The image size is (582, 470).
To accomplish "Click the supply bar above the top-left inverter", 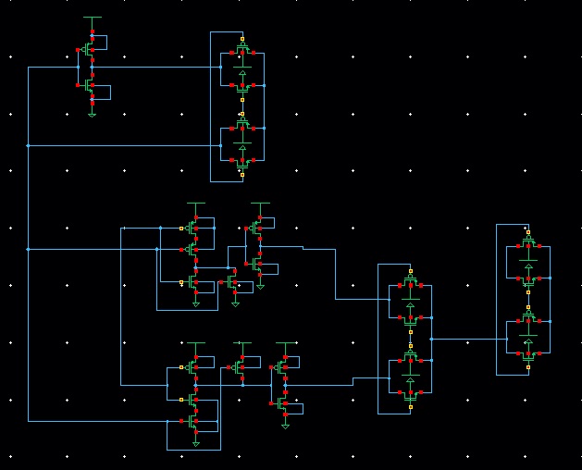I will [92, 17].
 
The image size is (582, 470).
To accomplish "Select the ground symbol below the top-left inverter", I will [92, 114].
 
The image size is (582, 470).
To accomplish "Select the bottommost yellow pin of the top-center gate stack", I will [242, 173].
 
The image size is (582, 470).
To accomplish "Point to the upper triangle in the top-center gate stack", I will [242, 72].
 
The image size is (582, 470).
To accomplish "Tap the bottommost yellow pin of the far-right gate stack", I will [528, 367].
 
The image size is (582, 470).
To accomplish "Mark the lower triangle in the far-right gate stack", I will [528, 306].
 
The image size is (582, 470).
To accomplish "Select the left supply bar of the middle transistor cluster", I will [195, 203].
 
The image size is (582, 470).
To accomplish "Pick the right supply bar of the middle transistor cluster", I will [260, 203].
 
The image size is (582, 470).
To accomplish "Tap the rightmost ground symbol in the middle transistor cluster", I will [260, 285].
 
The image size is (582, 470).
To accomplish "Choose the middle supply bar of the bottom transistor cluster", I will [242, 342].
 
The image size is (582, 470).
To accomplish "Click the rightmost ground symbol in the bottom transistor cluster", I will [286, 425].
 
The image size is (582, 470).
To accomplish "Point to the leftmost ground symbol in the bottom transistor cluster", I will [195, 444].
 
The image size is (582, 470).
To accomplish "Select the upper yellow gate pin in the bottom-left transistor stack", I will [181, 367].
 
